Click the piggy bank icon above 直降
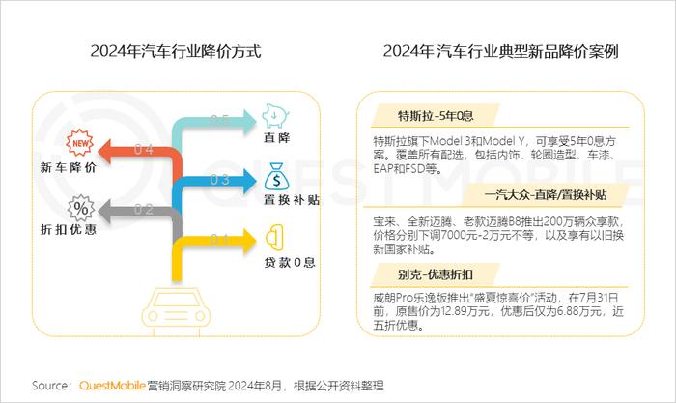click(275, 115)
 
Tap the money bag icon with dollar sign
click(276, 176)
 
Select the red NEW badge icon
click(80, 142)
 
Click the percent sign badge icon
click(80, 209)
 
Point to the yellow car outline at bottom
click(177, 310)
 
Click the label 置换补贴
click(292, 200)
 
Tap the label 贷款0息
click(290, 262)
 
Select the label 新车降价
click(69, 167)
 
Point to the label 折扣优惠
click(69, 229)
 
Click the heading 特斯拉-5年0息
click(436, 116)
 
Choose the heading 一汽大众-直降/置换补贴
click(546, 195)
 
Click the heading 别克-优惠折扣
click(436, 274)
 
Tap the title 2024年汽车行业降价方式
click(176, 51)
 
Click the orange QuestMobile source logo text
click(112, 386)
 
